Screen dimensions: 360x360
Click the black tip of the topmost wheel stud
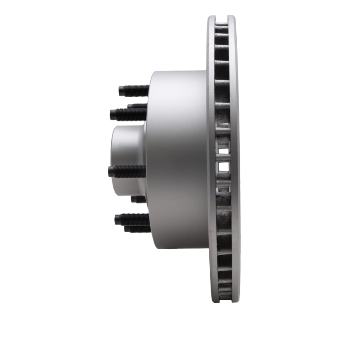coord(122,91)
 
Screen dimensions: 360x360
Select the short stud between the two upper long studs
coord(137,106)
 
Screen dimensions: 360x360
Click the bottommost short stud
coord(137,229)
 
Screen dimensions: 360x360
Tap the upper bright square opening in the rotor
coord(224,147)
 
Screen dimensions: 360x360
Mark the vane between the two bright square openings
coord(224,158)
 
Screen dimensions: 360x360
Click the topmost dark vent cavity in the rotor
coord(222,28)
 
